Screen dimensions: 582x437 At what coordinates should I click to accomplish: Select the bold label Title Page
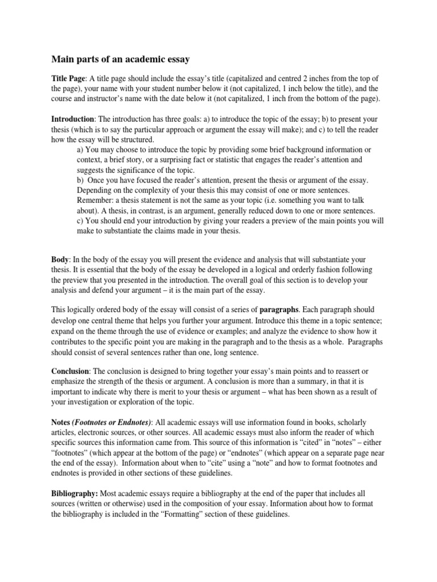[x=67, y=78]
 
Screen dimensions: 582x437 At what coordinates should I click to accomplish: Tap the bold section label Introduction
[x=73, y=119]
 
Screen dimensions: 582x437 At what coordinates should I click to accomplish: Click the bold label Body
[x=60, y=259]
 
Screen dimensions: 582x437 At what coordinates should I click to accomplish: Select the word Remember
[x=96, y=201]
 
